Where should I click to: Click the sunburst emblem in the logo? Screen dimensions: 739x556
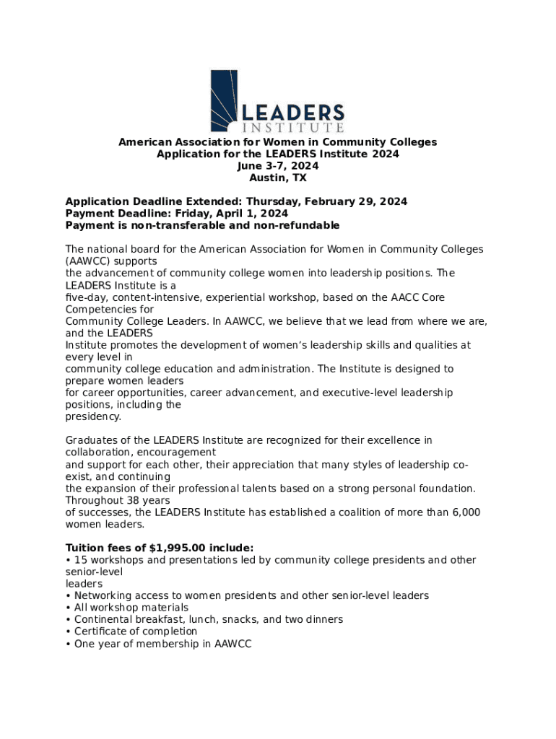pyautogui.click(x=224, y=100)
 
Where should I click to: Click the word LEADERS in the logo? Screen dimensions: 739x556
pyautogui.click(x=292, y=113)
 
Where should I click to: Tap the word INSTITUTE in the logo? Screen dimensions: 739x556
pyautogui.click(x=292, y=128)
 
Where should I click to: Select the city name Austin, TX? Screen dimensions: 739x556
pyautogui.click(x=278, y=178)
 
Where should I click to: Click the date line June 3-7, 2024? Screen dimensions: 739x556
pyautogui.click(x=278, y=166)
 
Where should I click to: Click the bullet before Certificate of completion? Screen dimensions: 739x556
pyautogui.click(x=68, y=631)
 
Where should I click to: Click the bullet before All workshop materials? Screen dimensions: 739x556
pyautogui.click(x=68, y=608)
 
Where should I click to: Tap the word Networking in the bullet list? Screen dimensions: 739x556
pyautogui.click(x=102, y=596)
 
